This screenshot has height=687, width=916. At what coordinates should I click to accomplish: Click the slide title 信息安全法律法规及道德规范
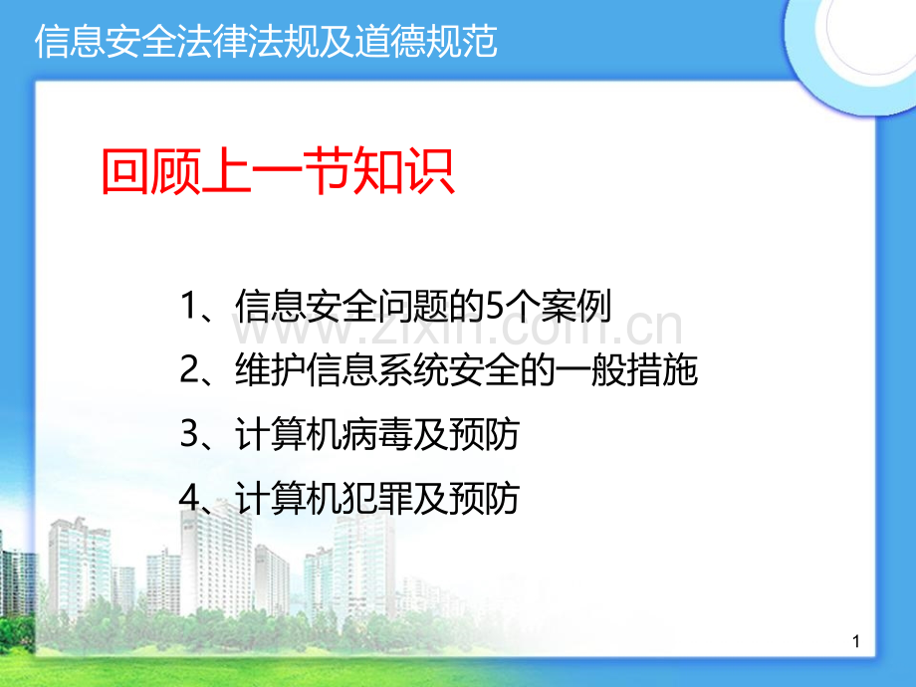[x=266, y=42]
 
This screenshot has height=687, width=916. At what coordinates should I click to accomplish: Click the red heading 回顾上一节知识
[x=278, y=171]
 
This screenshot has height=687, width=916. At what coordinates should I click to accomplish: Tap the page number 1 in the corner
[x=856, y=641]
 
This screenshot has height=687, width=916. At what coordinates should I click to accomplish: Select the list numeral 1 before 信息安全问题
[x=188, y=305]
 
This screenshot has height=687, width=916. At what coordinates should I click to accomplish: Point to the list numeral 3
[x=189, y=434]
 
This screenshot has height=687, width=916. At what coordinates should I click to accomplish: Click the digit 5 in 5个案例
[x=494, y=306]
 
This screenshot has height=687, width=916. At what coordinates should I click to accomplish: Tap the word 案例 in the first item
[x=575, y=305]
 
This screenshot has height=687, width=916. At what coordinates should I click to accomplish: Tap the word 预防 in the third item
[x=484, y=435]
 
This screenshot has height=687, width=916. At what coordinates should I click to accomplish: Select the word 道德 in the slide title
[x=390, y=42]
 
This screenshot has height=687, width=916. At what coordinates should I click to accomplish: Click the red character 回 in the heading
[x=125, y=171]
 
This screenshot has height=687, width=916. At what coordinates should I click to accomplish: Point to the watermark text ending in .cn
[x=457, y=328]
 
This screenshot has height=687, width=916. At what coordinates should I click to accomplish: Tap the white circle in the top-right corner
[x=871, y=35]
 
